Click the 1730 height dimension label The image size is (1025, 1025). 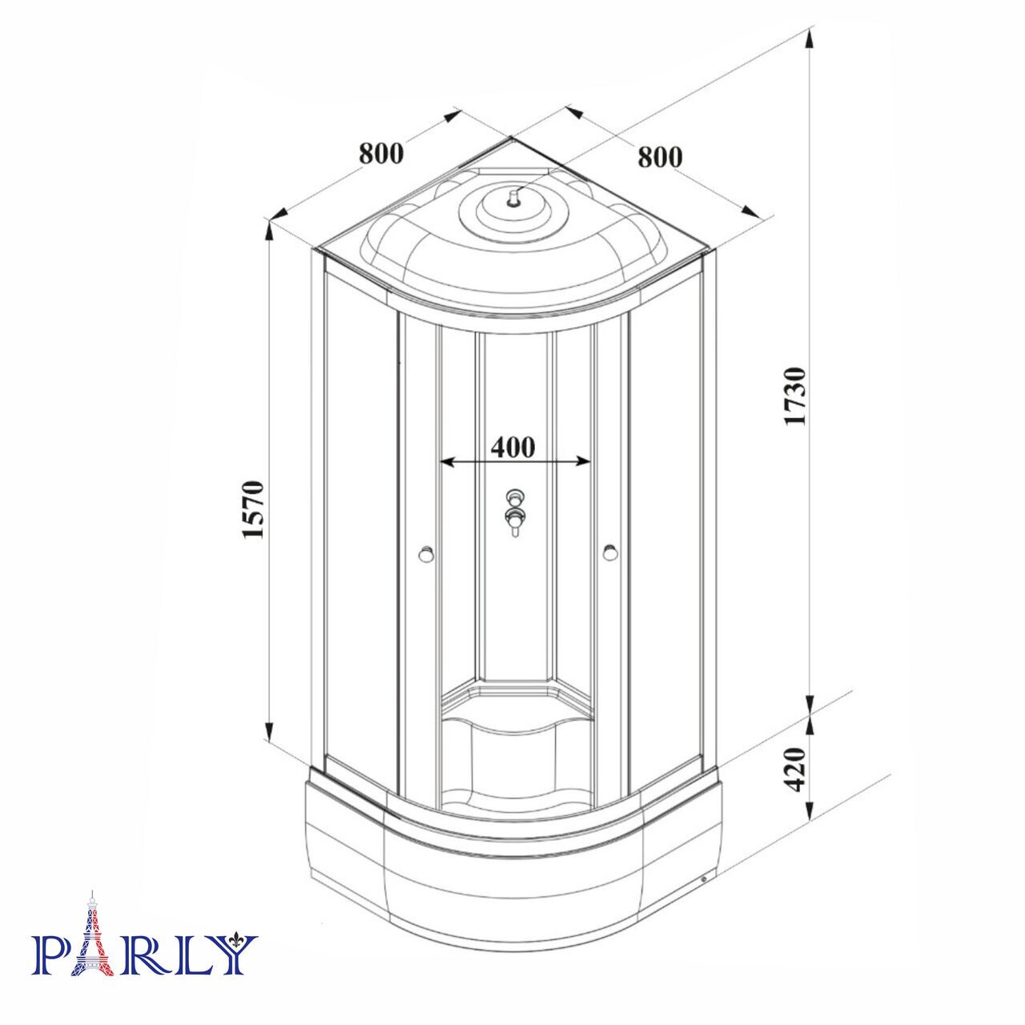click(797, 395)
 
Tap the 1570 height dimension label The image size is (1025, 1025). click(253, 509)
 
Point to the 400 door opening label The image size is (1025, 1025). click(512, 448)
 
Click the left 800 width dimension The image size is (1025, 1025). click(381, 154)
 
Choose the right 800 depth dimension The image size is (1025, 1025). click(660, 157)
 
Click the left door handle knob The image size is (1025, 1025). click(425, 553)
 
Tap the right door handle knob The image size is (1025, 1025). click(610, 553)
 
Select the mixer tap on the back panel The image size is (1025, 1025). click(515, 512)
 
